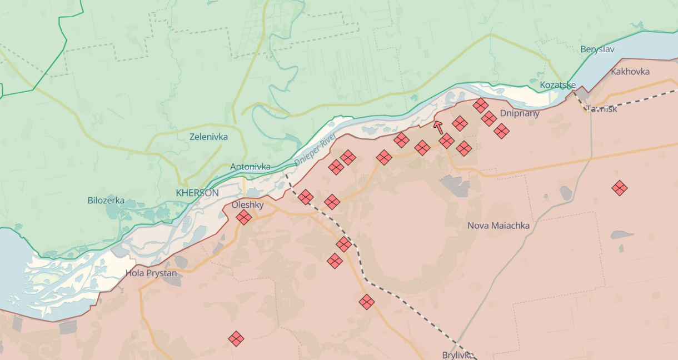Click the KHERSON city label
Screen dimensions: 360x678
[197, 193]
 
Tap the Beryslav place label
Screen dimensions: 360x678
[597, 49]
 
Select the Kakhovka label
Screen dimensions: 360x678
[630, 72]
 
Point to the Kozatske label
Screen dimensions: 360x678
[558, 85]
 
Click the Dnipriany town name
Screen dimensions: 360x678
[520, 113]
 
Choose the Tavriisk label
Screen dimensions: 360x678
[601, 109]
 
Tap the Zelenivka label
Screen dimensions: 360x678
[208, 137]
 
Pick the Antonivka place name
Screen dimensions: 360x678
[251, 167]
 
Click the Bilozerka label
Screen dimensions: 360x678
[106, 201]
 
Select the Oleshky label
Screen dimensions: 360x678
[248, 205]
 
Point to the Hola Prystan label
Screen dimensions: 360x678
[151, 273]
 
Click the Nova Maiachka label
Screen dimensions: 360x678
[498, 226]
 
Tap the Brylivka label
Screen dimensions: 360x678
[458, 355]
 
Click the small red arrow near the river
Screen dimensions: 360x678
[438, 127]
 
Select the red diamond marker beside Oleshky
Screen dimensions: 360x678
[243, 217]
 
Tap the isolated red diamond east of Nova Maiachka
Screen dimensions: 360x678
[620, 188]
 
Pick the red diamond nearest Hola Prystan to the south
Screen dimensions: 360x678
[236, 338]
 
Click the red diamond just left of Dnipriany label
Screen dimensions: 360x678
[489, 118]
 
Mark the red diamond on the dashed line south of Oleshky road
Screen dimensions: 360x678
[344, 244]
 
